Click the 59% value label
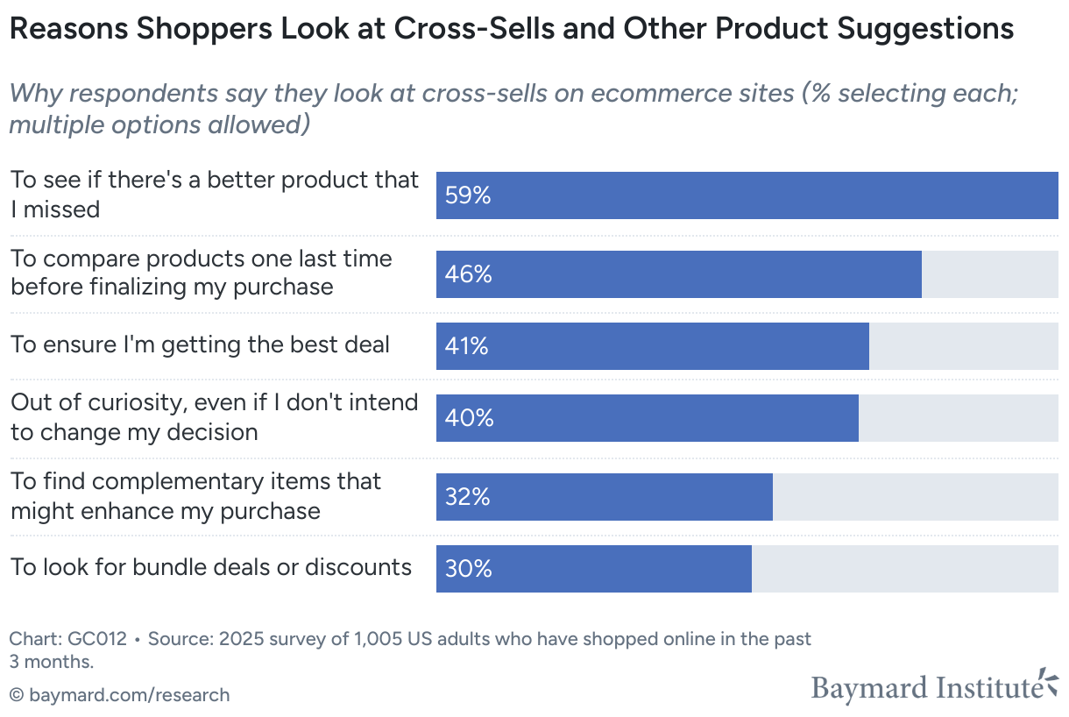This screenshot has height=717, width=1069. (468, 195)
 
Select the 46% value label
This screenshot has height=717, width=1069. (468, 274)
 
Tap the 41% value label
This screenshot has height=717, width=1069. (466, 346)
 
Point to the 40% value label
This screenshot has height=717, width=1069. (469, 418)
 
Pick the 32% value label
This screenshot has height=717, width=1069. (467, 497)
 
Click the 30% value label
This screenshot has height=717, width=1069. (468, 569)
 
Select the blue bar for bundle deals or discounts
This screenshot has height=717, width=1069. (613, 569)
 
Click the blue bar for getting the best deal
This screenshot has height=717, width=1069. (666, 346)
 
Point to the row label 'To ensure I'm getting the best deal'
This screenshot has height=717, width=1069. (200, 344)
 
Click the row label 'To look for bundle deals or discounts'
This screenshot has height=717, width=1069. (211, 567)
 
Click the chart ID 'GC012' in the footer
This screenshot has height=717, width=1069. (100, 639)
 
